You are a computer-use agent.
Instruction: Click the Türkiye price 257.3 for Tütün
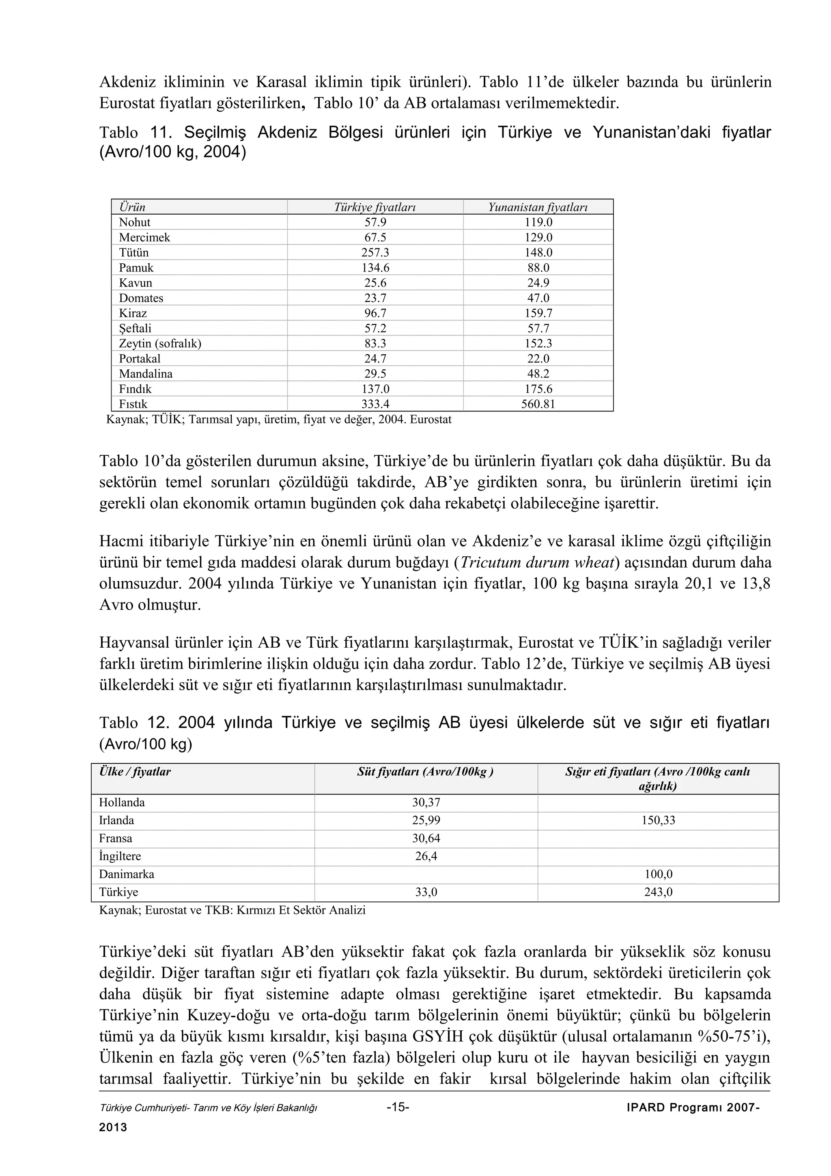pyautogui.click(x=375, y=252)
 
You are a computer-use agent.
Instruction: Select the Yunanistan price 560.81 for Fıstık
pyautogui.click(x=538, y=404)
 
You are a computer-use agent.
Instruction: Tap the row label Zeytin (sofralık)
pyautogui.click(x=160, y=344)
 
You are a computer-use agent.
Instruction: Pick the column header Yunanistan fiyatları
pyautogui.click(x=538, y=207)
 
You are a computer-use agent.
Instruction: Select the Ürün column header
pyautogui.click(x=132, y=207)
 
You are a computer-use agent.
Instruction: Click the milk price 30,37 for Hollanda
pyautogui.click(x=426, y=803)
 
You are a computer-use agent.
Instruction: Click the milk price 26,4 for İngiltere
pyautogui.click(x=426, y=856)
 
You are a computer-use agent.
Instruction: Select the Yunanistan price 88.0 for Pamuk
pyautogui.click(x=538, y=268)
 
